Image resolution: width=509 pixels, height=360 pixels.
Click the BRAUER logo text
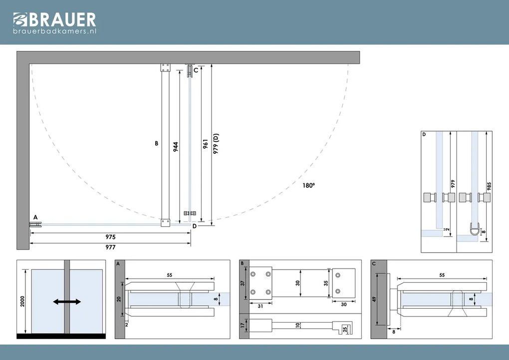[63, 19]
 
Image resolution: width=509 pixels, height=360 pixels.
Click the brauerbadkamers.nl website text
[55, 31]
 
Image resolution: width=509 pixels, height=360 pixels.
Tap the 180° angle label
[309, 186]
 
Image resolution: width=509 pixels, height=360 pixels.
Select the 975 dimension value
[110, 237]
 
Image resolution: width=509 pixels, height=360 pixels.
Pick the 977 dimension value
[110, 247]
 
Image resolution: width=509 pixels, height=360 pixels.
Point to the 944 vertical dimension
[176, 147]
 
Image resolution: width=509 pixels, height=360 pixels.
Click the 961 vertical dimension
[205, 144]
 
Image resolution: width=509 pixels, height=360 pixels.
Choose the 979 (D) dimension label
[216, 143]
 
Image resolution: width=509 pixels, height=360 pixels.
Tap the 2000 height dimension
[22, 301]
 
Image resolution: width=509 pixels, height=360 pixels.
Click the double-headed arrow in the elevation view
[67, 302]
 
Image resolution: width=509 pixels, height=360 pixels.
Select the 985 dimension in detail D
[489, 186]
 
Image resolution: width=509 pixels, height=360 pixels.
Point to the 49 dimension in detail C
[374, 299]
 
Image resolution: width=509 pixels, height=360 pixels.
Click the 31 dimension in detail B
[260, 306]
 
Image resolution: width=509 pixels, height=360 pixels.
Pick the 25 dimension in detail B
[345, 330]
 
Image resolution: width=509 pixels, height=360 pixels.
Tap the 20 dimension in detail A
[119, 299]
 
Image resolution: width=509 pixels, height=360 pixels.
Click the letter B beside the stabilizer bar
[157, 143]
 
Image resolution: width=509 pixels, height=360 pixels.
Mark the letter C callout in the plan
[196, 70]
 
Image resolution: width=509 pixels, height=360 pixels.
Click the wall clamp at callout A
[35, 224]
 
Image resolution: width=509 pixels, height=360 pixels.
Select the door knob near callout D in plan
[190, 214]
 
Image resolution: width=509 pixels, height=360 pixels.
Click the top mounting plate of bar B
[165, 68]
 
